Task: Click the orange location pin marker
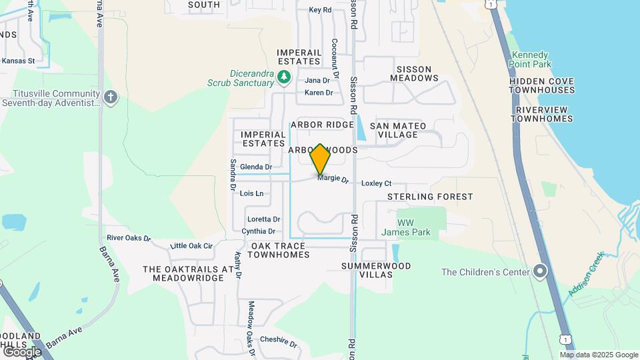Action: tap(321, 159)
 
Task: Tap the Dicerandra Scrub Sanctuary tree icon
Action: tap(284, 77)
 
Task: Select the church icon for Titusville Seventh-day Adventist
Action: tap(111, 97)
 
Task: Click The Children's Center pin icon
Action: tap(540, 271)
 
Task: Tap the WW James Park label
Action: tap(406, 227)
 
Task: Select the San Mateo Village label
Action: tap(398, 130)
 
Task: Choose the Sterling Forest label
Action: tap(430, 197)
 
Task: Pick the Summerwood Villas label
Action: tap(376, 270)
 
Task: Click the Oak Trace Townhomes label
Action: tap(280, 250)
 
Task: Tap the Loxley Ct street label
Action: tap(376, 183)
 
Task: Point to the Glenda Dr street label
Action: tap(256, 167)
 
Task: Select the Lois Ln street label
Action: tap(251, 193)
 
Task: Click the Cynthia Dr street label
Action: tap(259, 231)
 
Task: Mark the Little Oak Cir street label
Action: tap(191, 246)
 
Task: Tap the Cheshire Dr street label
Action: tap(279, 341)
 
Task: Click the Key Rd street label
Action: tap(320, 10)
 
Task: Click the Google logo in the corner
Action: tap(22, 351)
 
